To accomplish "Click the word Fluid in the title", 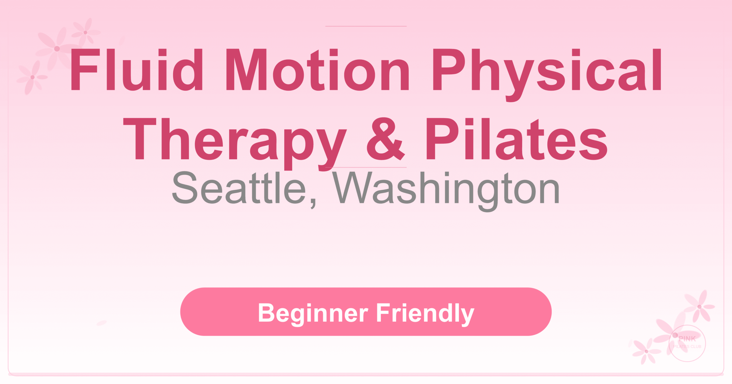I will point(137,70).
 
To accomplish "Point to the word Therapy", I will point(234,140).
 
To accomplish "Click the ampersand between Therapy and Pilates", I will point(385,139).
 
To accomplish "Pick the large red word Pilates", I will point(516,139).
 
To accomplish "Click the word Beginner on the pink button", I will point(313,313).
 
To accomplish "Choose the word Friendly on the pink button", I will point(425,313).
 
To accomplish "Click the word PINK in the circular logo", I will point(687,339).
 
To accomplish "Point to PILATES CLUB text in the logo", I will point(687,347).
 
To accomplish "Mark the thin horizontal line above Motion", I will point(366,26).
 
